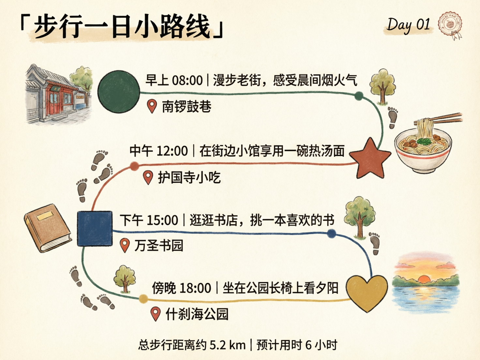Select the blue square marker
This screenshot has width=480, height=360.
(95, 228)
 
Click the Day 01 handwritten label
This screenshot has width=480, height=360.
(408, 25)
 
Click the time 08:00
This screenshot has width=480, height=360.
(187, 80)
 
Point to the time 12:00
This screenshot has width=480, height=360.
(172, 151)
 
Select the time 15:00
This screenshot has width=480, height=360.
(162, 220)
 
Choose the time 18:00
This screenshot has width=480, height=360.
(195, 288)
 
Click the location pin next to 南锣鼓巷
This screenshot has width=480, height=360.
(152, 106)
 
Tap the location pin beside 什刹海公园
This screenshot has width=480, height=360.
(156, 314)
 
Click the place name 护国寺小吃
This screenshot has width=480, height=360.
(189, 178)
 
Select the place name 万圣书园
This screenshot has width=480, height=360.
(159, 246)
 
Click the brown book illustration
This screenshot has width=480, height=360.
(47, 227)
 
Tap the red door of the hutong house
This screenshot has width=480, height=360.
(54, 99)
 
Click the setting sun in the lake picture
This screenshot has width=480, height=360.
(424, 279)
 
